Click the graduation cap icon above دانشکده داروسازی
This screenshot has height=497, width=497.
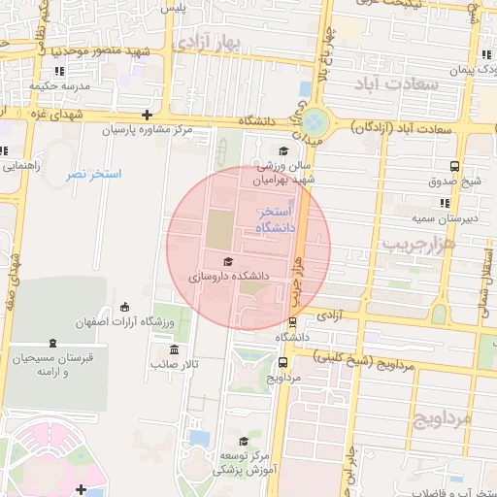228,261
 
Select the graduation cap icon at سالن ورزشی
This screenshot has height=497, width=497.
282,150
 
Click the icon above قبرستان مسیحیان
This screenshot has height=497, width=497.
51,343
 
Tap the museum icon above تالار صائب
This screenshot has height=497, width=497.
175,349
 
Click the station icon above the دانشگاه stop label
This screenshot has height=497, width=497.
292,322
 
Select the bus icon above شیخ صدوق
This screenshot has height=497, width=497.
454,166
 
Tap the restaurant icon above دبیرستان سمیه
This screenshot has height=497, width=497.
445,203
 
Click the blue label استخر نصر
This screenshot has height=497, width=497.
93,175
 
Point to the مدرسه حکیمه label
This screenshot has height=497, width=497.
58,85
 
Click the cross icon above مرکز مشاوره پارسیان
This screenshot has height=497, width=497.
147,115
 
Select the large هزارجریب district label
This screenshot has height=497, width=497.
418,242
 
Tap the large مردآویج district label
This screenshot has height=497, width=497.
442,418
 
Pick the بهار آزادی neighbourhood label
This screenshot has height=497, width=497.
209,42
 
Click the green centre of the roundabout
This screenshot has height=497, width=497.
315,123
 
